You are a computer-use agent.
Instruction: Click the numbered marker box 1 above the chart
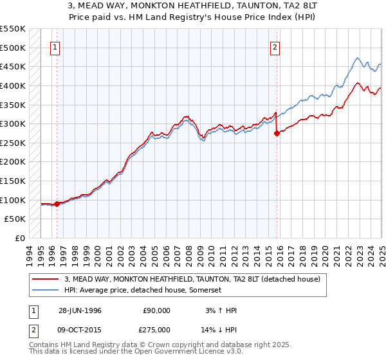[55, 47]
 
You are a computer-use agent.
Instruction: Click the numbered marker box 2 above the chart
[275, 47]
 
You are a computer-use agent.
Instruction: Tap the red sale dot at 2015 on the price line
[277, 134]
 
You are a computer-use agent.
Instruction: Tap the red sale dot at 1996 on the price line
[57, 204]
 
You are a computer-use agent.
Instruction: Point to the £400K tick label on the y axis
[13, 85]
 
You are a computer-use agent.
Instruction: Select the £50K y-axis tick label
[15, 219]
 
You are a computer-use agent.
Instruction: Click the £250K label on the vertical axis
[13, 143]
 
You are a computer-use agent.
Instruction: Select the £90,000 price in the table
[156, 310]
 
